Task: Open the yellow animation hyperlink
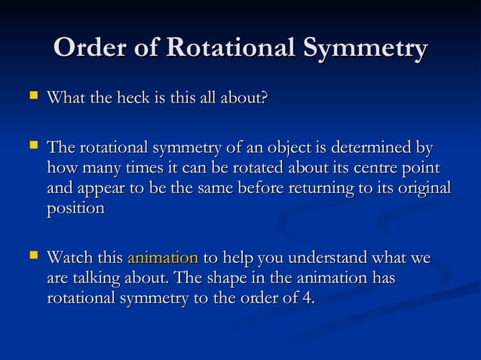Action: click(163, 258)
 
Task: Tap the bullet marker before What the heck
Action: click(32, 98)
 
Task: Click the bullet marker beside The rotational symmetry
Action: click(32, 145)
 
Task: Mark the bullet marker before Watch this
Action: click(32, 258)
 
